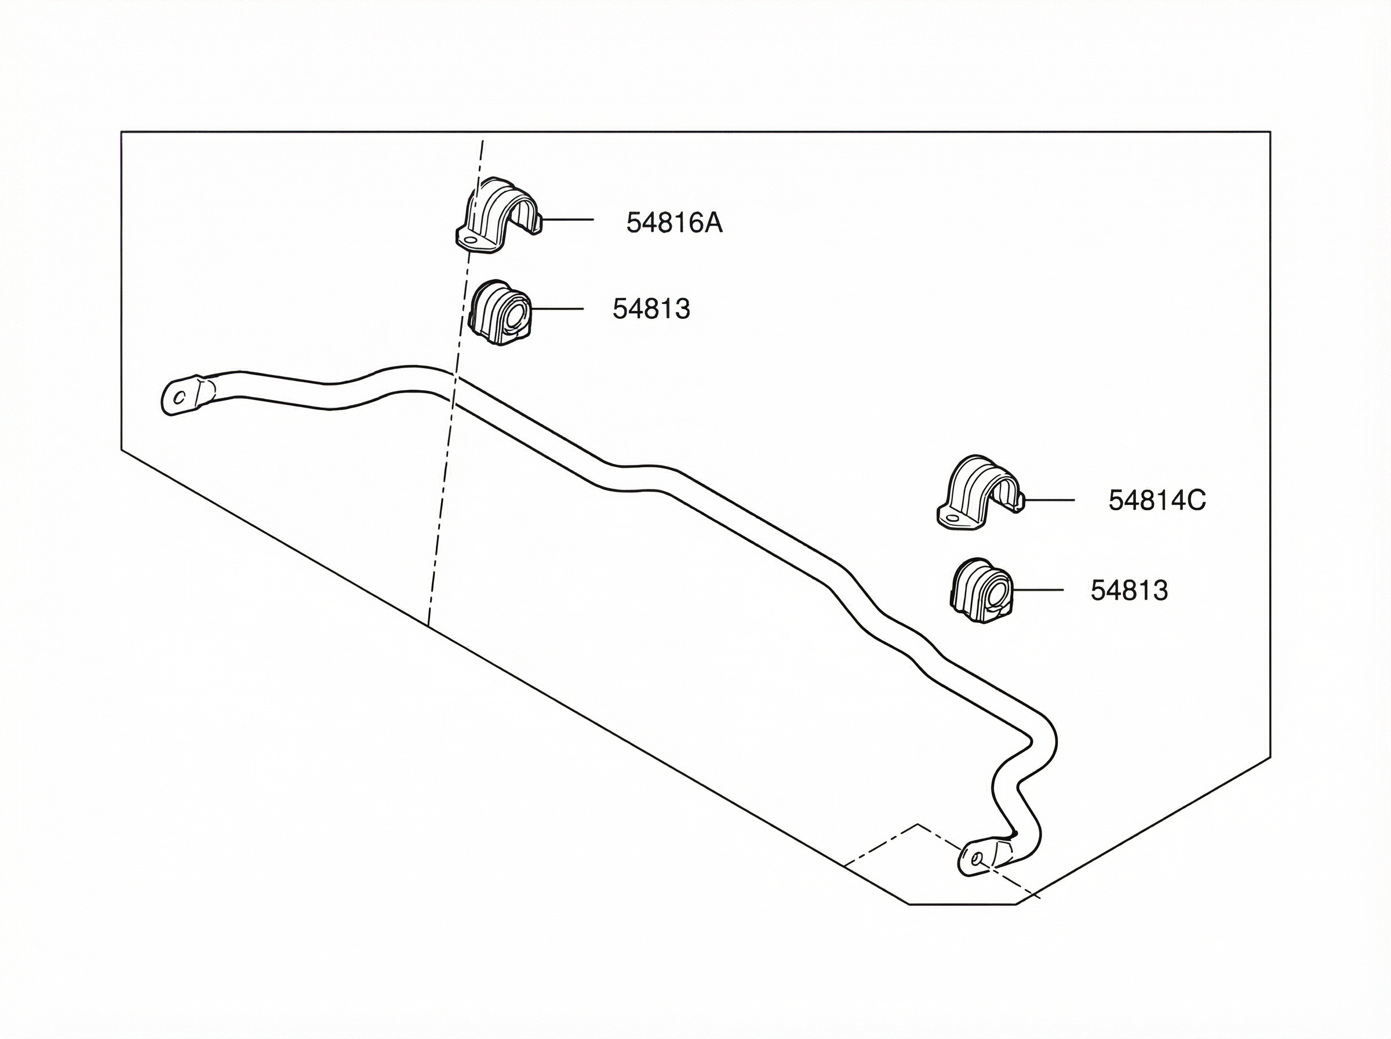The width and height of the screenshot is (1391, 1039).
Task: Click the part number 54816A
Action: click(x=674, y=223)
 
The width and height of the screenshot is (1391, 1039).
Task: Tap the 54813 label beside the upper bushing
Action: click(x=651, y=310)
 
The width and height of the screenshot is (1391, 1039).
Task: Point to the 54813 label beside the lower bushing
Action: click(x=1129, y=591)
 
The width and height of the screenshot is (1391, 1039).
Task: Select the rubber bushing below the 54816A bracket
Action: click(x=500, y=314)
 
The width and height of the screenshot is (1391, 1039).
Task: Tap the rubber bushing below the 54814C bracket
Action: click(x=981, y=591)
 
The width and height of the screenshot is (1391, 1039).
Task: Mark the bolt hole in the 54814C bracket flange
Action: click(x=951, y=519)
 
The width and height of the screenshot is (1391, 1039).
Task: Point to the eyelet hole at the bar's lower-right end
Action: click(x=975, y=859)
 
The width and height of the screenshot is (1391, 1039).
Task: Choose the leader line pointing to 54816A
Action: click(x=567, y=220)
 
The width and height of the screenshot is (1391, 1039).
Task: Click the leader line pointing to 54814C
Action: click(x=1049, y=500)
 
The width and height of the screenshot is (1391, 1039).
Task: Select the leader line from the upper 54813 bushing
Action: click(x=557, y=309)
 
